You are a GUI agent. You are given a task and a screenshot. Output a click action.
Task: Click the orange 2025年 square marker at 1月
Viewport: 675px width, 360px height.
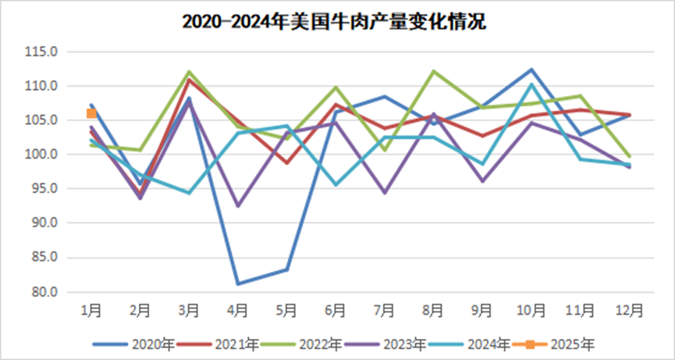pyautogui.click(x=91, y=113)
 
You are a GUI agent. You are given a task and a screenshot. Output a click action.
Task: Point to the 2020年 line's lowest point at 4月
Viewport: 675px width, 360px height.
pyautogui.click(x=237, y=283)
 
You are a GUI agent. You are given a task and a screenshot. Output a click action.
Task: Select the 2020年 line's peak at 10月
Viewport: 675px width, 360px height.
pyautogui.click(x=531, y=70)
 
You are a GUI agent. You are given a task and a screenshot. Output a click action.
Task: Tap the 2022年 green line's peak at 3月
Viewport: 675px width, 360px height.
pyautogui.click(x=189, y=72)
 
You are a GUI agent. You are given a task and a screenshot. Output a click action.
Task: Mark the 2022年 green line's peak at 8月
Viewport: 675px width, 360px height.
pyautogui.click(x=434, y=71)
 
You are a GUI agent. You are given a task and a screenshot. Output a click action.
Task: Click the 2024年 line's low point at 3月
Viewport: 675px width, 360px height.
pyautogui.click(x=189, y=193)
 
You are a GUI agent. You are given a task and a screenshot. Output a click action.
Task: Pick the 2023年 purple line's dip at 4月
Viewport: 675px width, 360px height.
pyautogui.click(x=237, y=206)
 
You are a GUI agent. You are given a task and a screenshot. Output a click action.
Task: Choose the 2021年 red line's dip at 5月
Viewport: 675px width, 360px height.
pyautogui.click(x=286, y=163)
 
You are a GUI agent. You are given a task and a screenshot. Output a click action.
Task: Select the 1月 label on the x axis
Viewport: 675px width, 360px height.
pyautogui.click(x=91, y=310)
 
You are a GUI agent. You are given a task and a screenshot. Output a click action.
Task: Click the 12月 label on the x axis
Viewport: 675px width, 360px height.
pyautogui.click(x=629, y=310)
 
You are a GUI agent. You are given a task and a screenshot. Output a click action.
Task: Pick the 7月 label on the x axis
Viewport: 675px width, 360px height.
pyautogui.click(x=385, y=310)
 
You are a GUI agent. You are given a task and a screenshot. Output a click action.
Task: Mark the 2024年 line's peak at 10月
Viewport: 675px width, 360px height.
pyautogui.click(x=531, y=84)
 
